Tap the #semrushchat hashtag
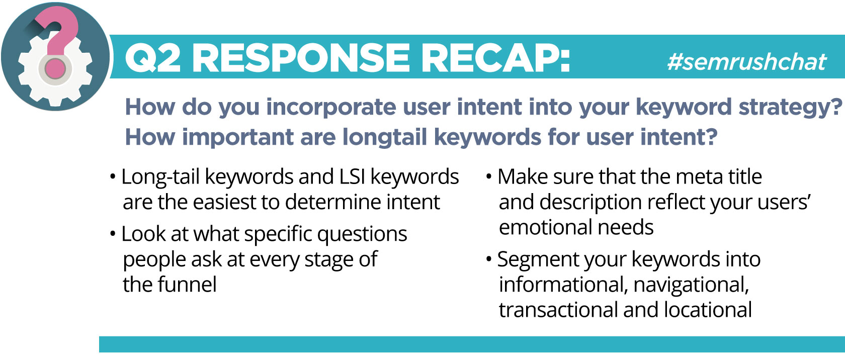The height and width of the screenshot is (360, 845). point(746,62)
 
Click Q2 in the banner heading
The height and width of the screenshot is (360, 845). point(152,58)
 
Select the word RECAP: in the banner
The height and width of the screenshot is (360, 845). point(495,58)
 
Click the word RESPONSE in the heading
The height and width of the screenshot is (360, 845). point(301,58)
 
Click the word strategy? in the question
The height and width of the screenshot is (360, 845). point(790,108)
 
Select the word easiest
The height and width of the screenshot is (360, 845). point(224,202)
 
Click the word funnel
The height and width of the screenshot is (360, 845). point(187,284)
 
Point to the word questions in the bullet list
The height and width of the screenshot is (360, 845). point(362,234)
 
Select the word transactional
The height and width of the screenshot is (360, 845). point(558,310)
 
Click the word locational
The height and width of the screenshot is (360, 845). point(708,310)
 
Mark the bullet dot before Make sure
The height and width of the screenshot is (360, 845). point(489,176)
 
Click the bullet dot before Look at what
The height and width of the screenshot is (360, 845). point(113,234)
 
